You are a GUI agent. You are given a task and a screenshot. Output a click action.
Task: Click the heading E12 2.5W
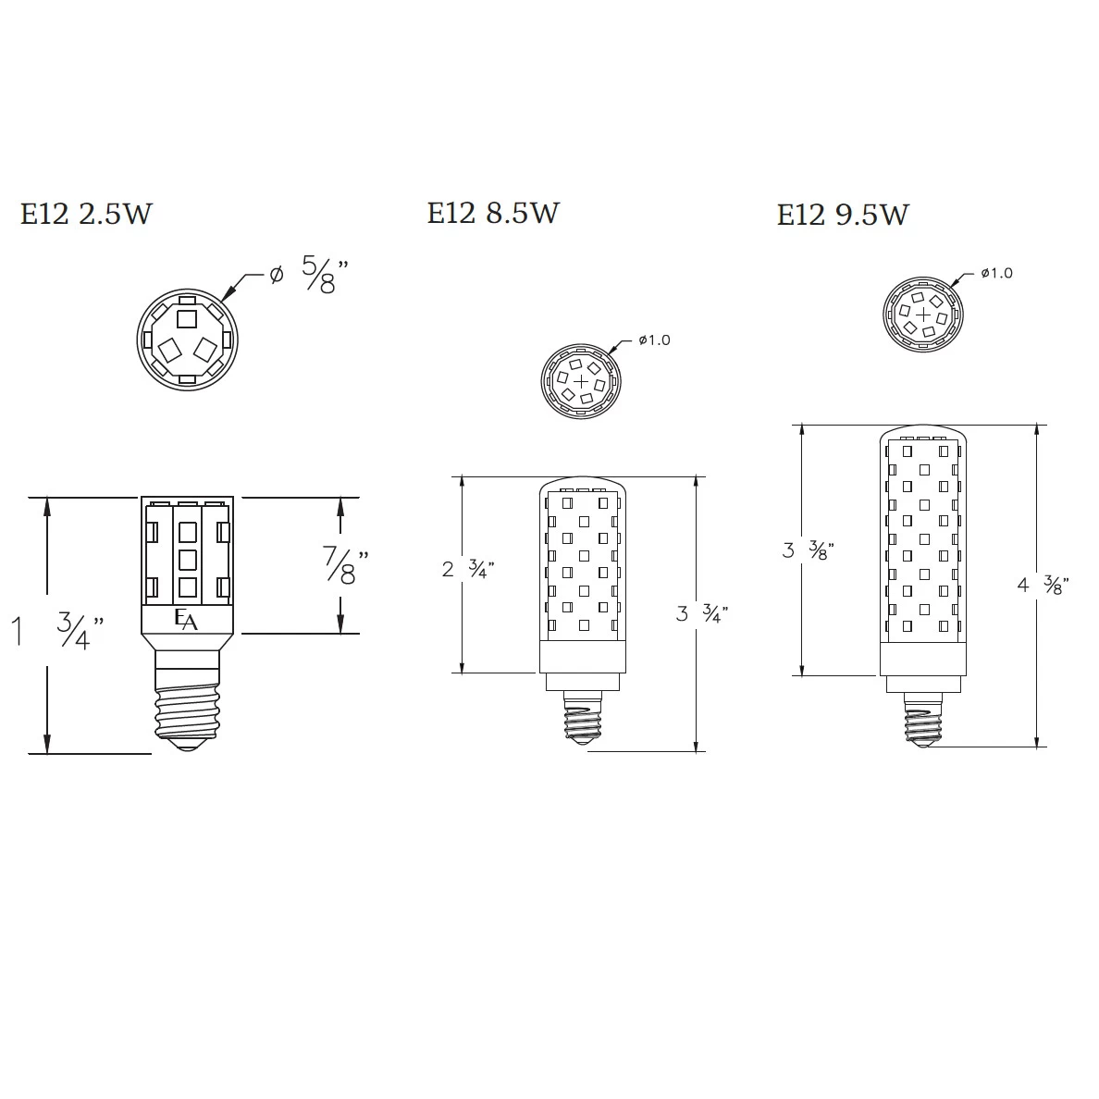86,214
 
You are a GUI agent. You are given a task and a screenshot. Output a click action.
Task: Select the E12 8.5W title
493,213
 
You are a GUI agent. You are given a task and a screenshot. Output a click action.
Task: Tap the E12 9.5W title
843,215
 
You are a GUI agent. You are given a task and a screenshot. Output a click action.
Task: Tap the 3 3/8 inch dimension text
808,550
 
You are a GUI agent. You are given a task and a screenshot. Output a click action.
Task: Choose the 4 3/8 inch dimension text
1043,585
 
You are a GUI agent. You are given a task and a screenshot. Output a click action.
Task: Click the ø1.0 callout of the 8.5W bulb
654,340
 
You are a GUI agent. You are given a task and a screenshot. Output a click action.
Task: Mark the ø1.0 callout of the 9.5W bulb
996,273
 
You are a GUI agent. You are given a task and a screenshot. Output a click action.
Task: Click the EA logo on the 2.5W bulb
187,620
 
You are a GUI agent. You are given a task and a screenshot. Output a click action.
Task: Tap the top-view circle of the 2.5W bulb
188,340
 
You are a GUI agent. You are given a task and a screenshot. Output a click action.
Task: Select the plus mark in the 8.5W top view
581,381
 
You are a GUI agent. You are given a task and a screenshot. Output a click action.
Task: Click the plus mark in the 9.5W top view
922,315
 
